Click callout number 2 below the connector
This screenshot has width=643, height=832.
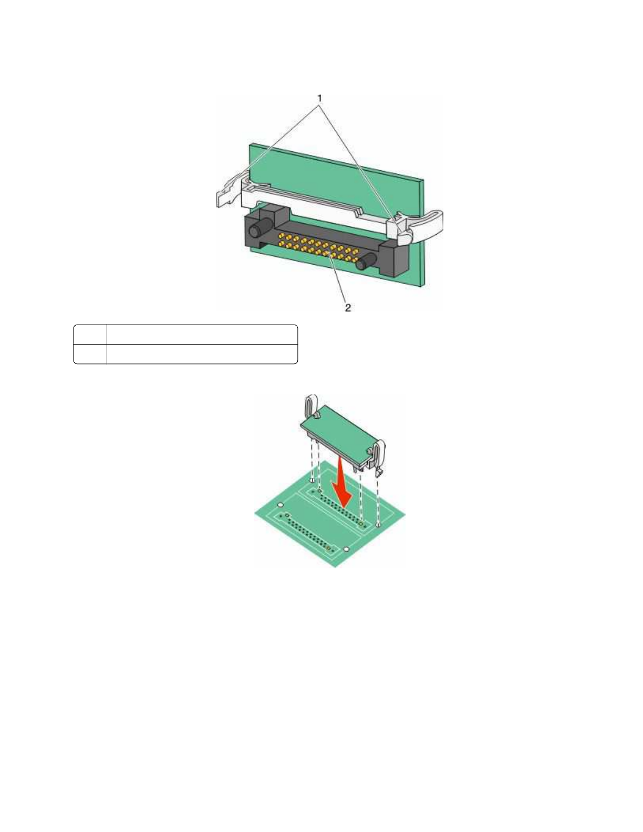click(x=347, y=308)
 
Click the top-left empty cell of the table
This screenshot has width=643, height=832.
click(x=90, y=335)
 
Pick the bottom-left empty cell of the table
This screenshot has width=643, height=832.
click(x=90, y=354)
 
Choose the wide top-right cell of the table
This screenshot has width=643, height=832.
click(x=202, y=335)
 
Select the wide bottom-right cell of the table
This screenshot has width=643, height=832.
click(x=202, y=354)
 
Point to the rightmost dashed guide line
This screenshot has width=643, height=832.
click(x=379, y=499)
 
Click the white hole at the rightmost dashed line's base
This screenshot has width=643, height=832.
click(x=379, y=524)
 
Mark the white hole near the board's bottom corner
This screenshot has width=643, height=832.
click(x=346, y=549)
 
